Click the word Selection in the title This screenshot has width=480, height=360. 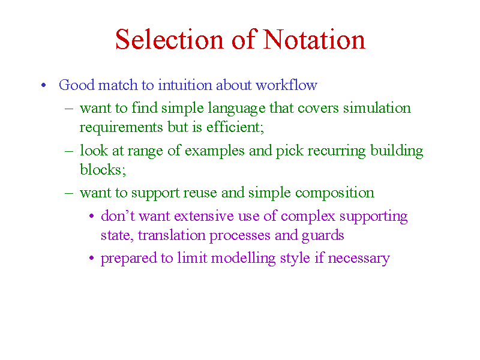coord(169,40)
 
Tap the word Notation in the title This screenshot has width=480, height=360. coord(314,40)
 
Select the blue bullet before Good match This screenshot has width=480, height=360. coord(43,85)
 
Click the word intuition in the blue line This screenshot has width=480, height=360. coord(185,85)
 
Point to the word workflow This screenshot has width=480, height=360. coord(287,85)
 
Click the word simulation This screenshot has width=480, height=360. coord(377,108)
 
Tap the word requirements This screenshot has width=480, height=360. coord(121,128)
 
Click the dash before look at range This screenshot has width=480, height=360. coord(69,151)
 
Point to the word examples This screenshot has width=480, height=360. coord(215,151)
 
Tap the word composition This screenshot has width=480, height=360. coord(335,193)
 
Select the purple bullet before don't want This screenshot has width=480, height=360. coord(92,216)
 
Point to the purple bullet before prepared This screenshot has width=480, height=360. coord(92,258)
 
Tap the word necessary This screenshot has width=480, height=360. coord(359,259)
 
